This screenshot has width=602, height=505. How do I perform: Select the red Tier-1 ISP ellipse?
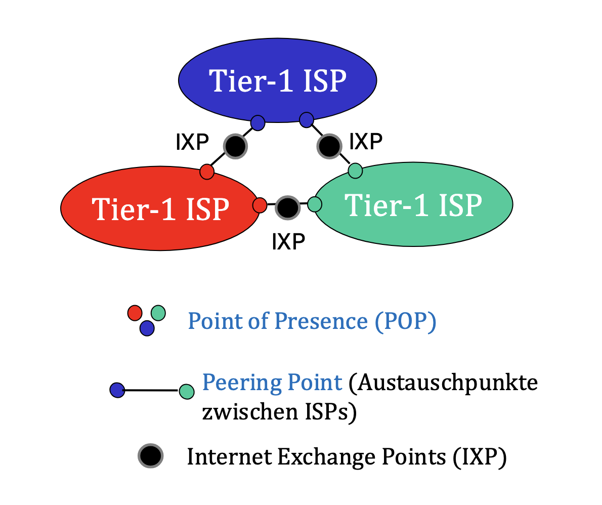coord(160,207)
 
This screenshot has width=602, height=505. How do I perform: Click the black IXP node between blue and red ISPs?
coord(235,146)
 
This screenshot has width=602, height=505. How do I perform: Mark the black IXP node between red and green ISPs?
coord(287,207)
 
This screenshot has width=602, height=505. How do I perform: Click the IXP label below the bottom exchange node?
coord(288,241)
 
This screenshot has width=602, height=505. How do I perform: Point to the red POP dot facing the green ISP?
coord(260,205)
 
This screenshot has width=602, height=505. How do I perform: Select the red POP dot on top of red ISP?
coord(207,172)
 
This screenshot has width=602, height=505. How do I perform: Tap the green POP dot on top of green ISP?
coord(356,171)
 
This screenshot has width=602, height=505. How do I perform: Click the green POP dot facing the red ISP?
coord(315,204)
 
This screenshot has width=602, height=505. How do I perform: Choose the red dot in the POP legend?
coord(135,313)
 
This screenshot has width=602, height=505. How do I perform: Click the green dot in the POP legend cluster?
coord(158,313)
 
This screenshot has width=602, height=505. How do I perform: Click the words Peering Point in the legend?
coord(272,383)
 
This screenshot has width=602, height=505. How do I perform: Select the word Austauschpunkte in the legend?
coord(443,383)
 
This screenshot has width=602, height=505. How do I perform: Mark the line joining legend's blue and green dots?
coord(152,390)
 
